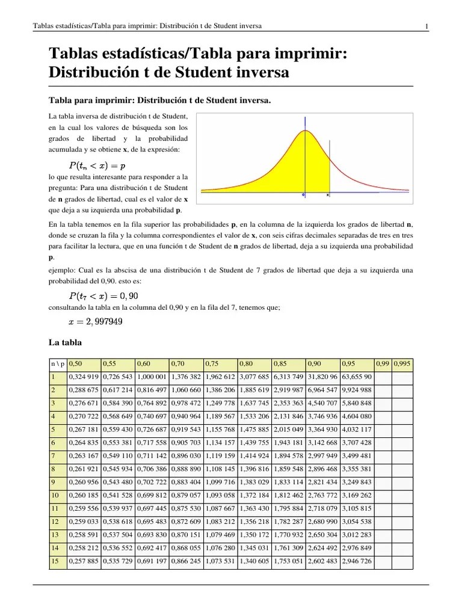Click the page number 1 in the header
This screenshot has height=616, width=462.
pos(426,26)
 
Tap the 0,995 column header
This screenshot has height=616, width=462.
pos(403,363)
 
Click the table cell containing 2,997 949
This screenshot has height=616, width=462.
pos(322,456)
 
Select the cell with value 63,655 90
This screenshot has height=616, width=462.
pos(357,377)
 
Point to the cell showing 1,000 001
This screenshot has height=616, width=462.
pos(152,377)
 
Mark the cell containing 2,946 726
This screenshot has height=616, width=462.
pos(357,562)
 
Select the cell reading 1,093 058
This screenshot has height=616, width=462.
pos(220,496)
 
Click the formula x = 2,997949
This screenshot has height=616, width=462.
pos(96,321)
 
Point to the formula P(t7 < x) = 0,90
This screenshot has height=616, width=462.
pos(103,295)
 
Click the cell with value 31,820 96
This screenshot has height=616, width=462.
pos(322,377)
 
